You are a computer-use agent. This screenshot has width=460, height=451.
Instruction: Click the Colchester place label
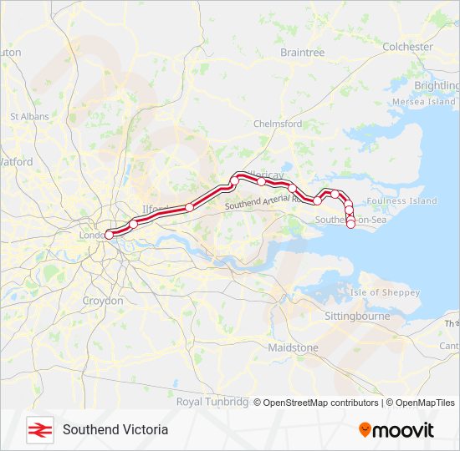[x=407, y=48]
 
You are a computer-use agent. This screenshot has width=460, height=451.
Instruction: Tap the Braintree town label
[x=302, y=53]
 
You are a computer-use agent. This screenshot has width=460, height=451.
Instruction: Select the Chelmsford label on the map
[x=277, y=124]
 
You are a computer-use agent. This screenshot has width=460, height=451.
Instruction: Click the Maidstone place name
[x=293, y=347]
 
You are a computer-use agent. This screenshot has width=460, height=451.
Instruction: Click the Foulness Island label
[x=401, y=201]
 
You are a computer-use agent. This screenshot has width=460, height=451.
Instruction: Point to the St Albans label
[x=29, y=117]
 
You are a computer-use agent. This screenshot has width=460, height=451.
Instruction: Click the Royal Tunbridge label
[x=212, y=402]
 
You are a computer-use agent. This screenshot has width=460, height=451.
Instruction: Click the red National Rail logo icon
[x=37, y=430]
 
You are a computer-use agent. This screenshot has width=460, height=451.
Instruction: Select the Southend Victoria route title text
[x=115, y=430]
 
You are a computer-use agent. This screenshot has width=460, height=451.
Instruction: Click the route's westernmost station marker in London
[x=109, y=236]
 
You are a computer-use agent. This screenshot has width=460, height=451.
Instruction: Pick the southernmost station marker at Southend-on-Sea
[x=350, y=224]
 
